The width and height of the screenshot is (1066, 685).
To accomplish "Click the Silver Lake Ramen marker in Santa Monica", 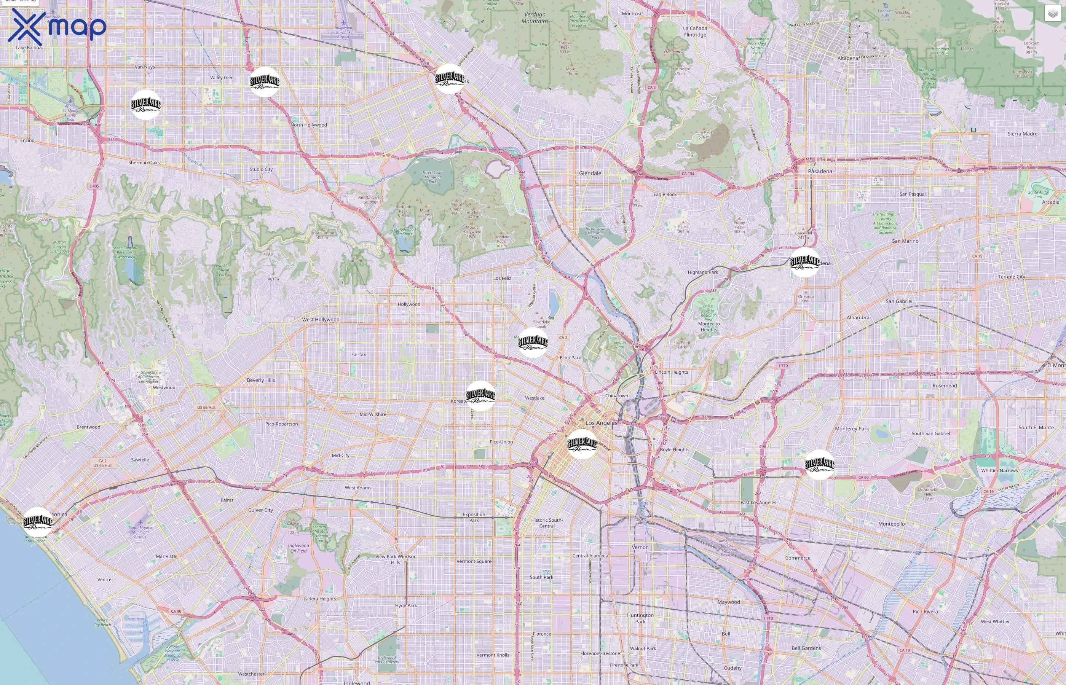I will pyautogui.click(x=38, y=522).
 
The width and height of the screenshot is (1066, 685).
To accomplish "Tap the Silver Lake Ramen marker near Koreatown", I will pyautogui.click(x=480, y=395).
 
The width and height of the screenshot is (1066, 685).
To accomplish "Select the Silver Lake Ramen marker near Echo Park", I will pyautogui.click(x=533, y=342).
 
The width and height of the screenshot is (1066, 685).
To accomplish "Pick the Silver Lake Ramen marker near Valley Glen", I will pyautogui.click(x=265, y=81).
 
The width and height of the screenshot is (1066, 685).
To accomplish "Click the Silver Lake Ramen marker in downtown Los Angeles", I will pyautogui.click(x=582, y=443).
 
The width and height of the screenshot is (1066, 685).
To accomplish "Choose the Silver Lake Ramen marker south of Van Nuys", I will pyautogui.click(x=146, y=105).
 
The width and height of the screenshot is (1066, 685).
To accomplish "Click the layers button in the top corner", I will pyautogui.click(x=1052, y=13).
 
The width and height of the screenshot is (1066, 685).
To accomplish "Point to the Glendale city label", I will pyautogui.click(x=590, y=173).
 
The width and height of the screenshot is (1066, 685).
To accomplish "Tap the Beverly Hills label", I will pyautogui.click(x=261, y=380).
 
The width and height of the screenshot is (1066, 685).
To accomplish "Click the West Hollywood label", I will pyautogui.click(x=320, y=319).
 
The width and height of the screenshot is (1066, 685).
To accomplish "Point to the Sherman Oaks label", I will pyautogui.click(x=144, y=163).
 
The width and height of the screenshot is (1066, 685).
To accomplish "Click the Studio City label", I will pyautogui.click(x=261, y=169).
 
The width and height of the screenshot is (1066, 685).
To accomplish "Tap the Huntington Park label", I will pyautogui.click(x=640, y=618).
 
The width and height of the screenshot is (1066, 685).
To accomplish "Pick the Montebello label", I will pyautogui.click(x=891, y=524).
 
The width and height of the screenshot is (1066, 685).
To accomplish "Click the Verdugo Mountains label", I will pyautogui.click(x=535, y=18).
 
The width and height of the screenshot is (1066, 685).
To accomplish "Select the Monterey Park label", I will pyautogui.click(x=852, y=429).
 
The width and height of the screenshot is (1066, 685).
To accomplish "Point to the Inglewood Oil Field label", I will pyautogui.click(x=298, y=548).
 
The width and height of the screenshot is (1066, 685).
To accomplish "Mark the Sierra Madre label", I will pyautogui.click(x=1022, y=134).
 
